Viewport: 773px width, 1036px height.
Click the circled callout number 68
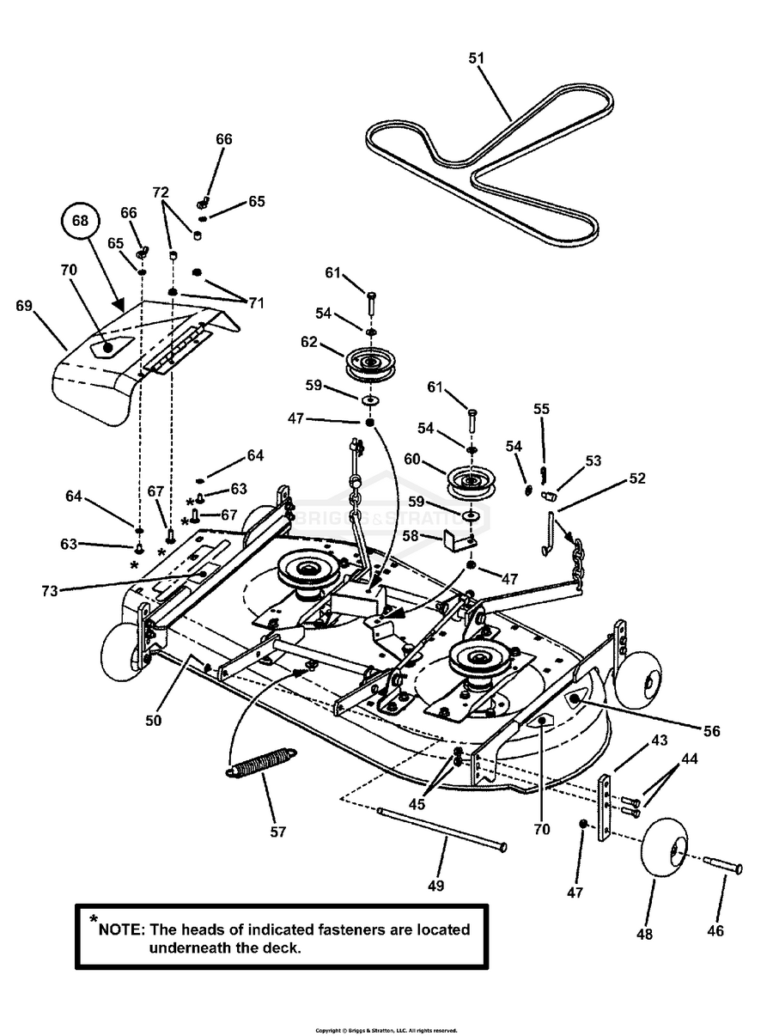tap(80, 220)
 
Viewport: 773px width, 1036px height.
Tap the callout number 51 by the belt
tap(477, 58)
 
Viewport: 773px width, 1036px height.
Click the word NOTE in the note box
tap(122, 929)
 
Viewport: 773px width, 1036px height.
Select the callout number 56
tap(711, 731)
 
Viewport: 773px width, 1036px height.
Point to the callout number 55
tap(541, 410)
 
